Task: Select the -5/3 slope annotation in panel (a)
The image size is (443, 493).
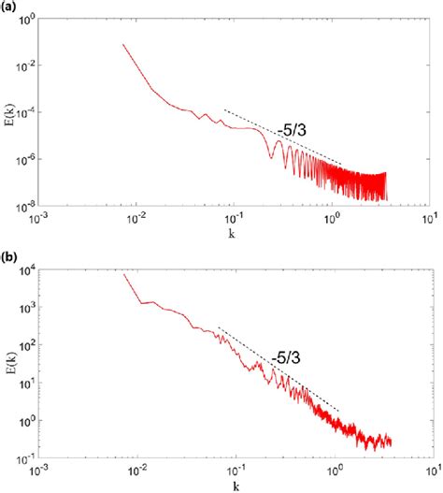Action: (293, 129)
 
